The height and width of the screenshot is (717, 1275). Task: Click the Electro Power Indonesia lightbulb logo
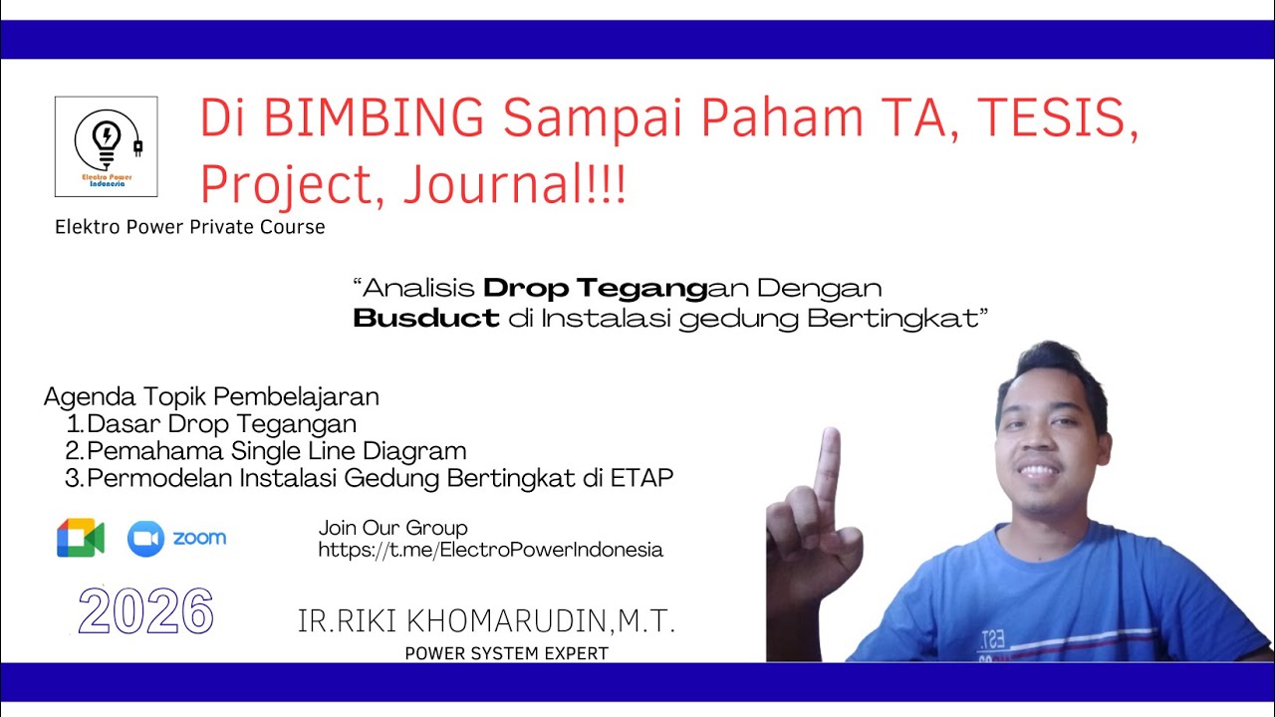pyautogui.click(x=106, y=145)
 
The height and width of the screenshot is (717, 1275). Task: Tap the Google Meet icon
pyautogui.click(x=81, y=538)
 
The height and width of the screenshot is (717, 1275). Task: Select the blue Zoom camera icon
pyautogui.click(x=145, y=539)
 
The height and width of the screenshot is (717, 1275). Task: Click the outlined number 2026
pyautogui.click(x=145, y=611)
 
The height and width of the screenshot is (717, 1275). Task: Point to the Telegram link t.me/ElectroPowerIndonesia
pyautogui.click(x=490, y=550)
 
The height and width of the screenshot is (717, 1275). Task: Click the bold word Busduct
pyautogui.click(x=426, y=319)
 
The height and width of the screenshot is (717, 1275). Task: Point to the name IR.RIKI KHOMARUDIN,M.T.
pyautogui.click(x=487, y=622)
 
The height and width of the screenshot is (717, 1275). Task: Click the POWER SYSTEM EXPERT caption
pyautogui.click(x=506, y=653)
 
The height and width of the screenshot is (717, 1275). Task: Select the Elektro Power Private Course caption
pyautogui.click(x=190, y=227)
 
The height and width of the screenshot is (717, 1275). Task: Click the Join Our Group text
pyautogui.click(x=392, y=528)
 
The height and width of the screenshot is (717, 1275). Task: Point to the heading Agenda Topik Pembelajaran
pyautogui.click(x=211, y=396)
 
